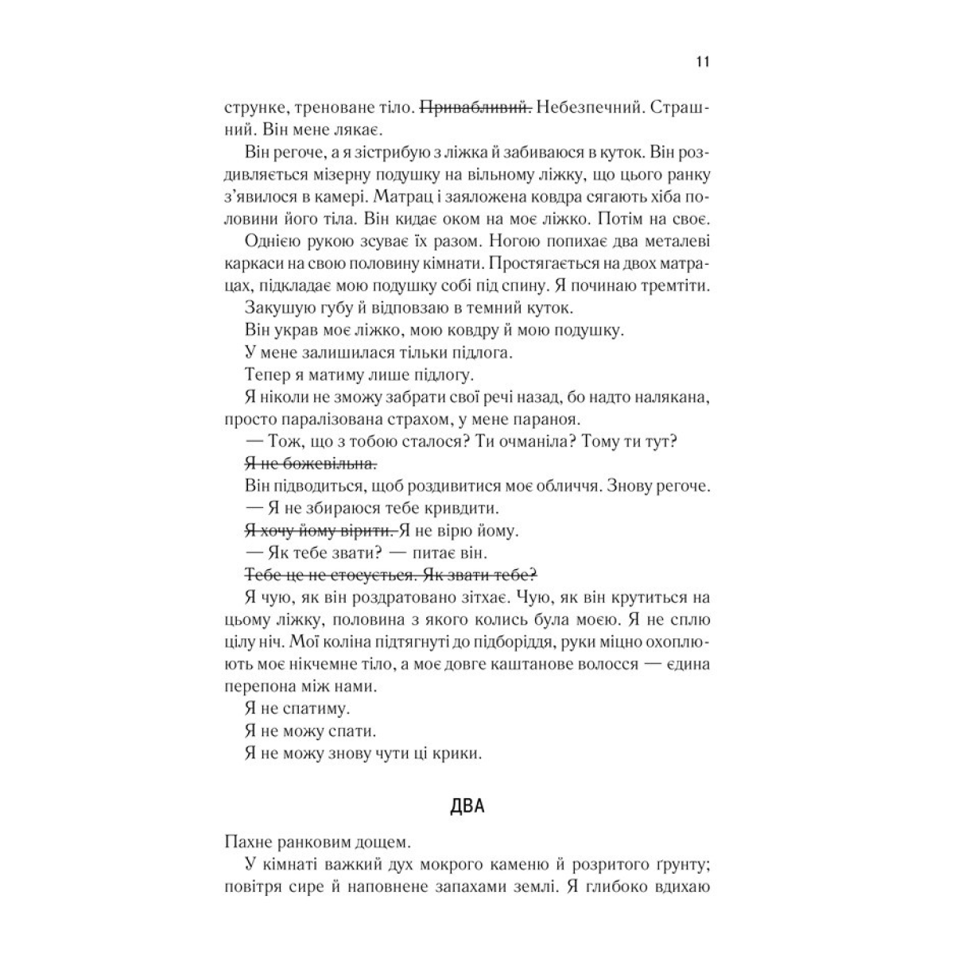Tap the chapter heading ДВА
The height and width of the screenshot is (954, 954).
click(x=467, y=807)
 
